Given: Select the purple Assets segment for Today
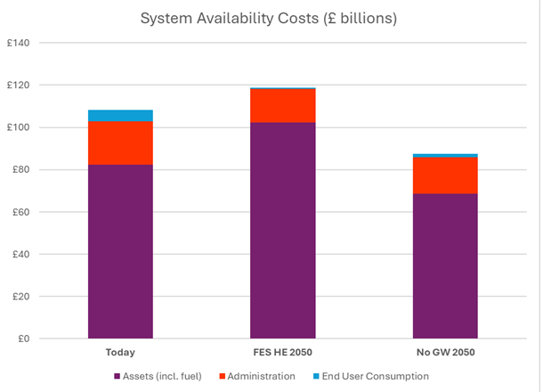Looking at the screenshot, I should [x=119, y=251].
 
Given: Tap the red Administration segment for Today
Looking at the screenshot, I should [x=119, y=143].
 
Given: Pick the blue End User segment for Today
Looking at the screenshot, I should [x=119, y=115].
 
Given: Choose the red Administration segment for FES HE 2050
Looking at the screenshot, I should [x=283, y=105].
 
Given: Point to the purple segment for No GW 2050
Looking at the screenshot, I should [x=446, y=265].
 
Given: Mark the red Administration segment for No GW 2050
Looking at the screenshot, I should [x=446, y=176].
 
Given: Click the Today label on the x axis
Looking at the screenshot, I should [x=119, y=352].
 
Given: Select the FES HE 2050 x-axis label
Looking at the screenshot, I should [x=283, y=352].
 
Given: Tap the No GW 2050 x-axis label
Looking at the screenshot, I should [x=446, y=352].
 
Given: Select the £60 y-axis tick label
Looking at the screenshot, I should [x=20, y=212].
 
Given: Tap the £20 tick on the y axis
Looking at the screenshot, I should [x=20, y=297].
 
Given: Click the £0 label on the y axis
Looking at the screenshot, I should [x=22, y=339].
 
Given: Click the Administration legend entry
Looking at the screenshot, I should [x=258, y=377].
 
